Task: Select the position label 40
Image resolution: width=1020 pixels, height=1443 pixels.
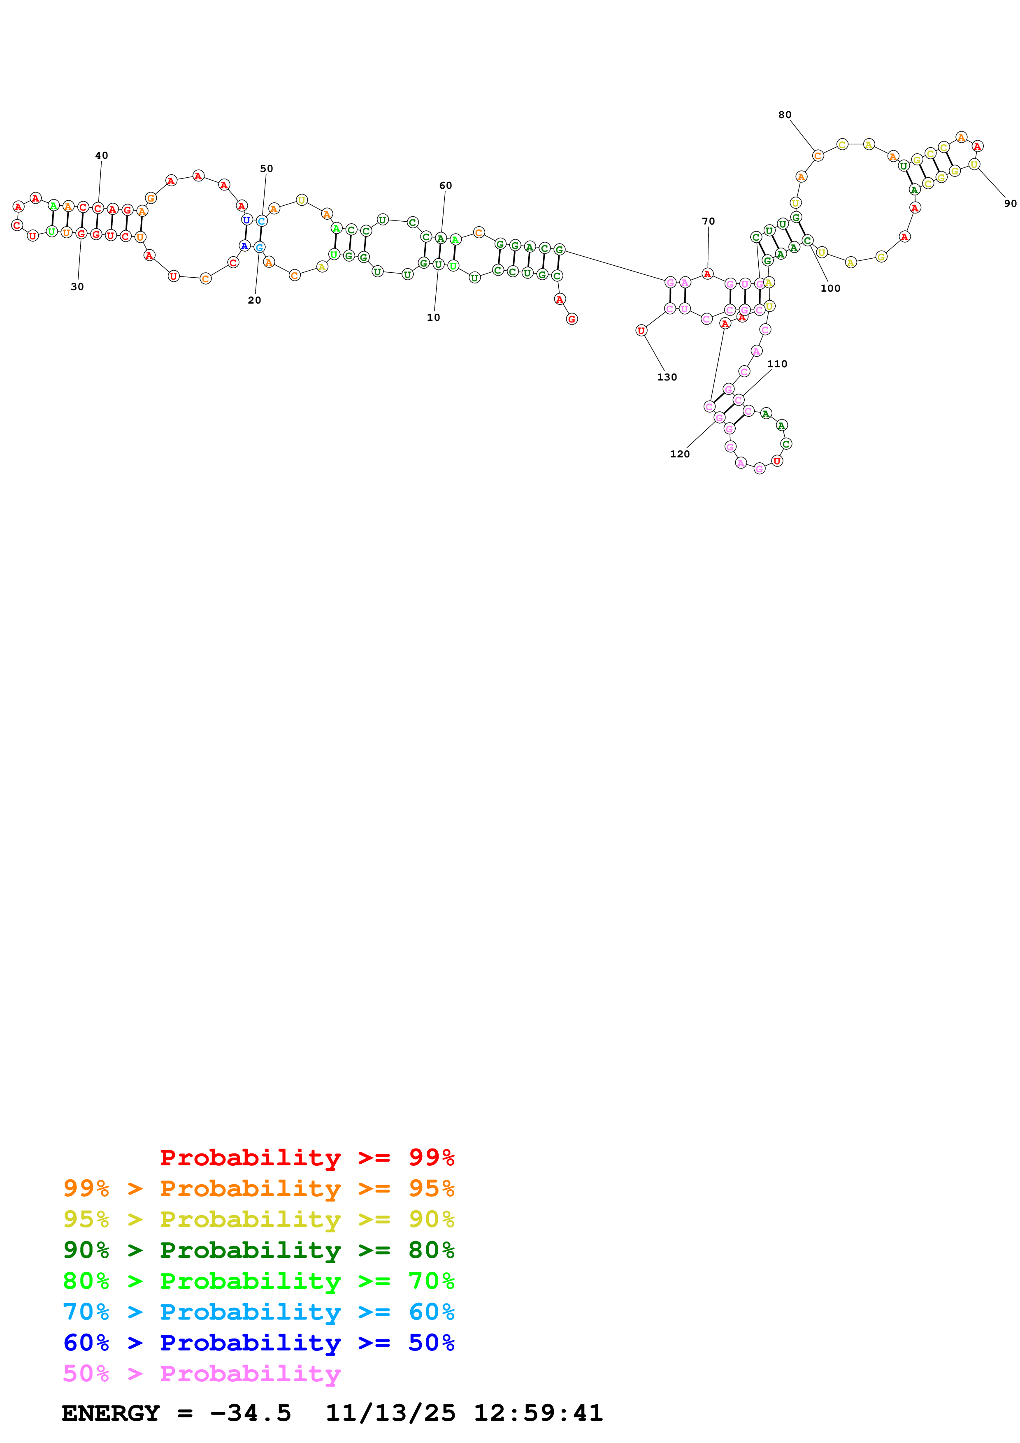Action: coord(101,155)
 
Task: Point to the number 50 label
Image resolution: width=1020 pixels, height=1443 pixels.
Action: coord(267,168)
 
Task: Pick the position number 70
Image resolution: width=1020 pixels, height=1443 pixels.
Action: coord(708,221)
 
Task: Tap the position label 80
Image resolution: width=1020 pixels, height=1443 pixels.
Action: coord(785,114)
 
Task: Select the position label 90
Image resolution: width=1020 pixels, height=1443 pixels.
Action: coord(1010,204)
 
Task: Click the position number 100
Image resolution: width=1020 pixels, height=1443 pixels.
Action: coord(830,288)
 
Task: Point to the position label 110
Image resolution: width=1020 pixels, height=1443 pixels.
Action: coord(777,364)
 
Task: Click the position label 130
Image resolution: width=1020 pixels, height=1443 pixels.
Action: coord(667,377)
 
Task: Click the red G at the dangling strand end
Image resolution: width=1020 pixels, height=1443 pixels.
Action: coord(571,319)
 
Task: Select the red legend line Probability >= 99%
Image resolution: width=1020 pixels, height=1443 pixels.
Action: coord(307,1157)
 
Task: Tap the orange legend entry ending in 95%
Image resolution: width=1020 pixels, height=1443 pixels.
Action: coord(258,1188)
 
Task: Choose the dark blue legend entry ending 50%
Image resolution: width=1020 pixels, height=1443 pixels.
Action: coord(258,1343)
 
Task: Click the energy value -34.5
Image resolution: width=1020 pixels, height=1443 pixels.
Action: coord(250,1413)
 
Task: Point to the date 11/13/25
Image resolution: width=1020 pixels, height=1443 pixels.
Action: coord(390,1413)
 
